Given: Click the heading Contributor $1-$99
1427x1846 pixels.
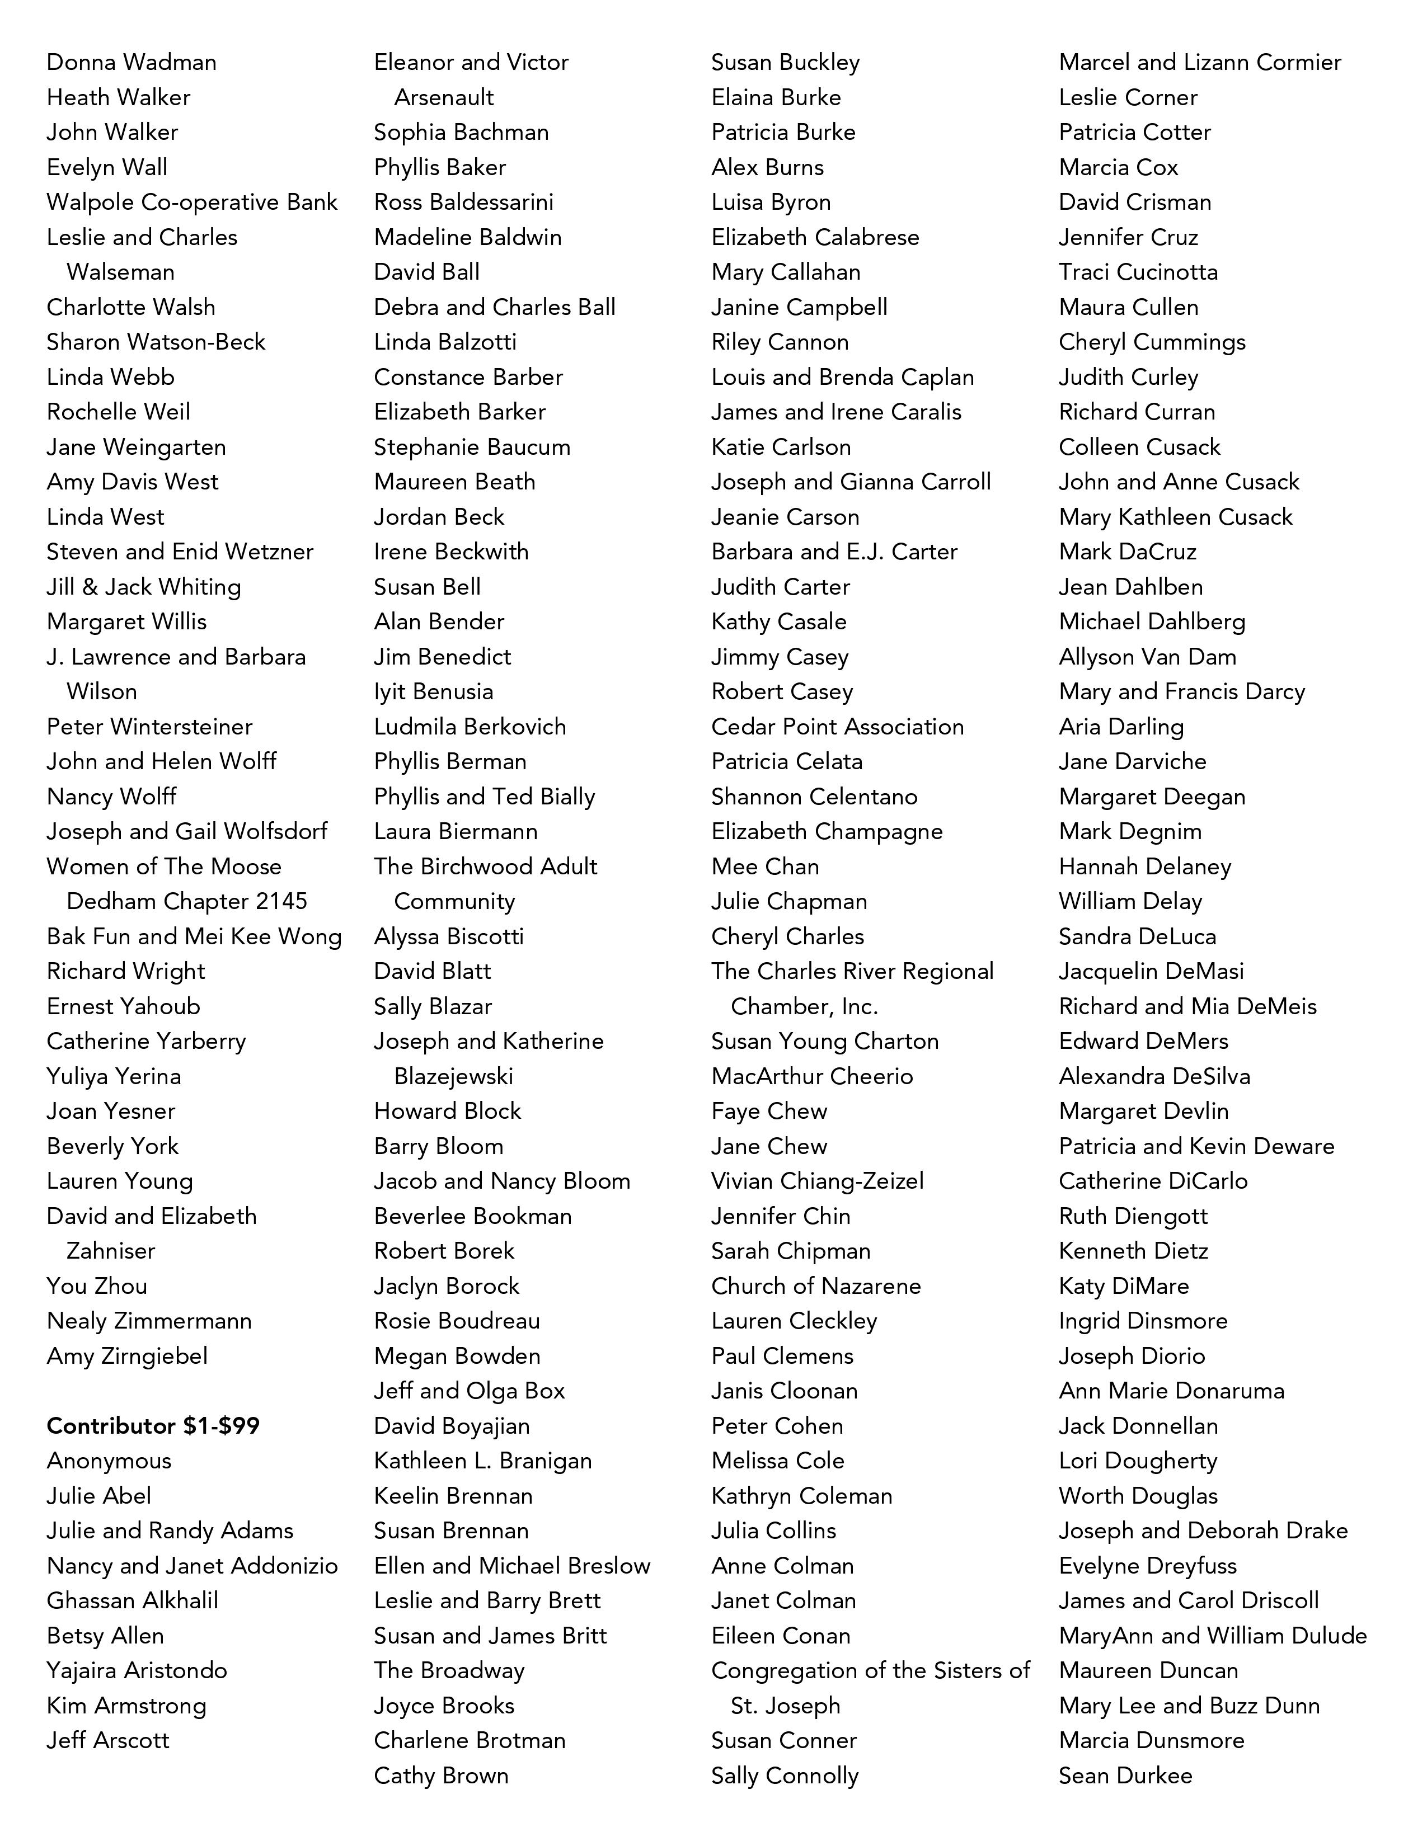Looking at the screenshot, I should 153,1426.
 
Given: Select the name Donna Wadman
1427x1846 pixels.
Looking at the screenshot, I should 131,63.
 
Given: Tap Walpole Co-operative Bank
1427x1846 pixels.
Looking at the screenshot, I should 192,202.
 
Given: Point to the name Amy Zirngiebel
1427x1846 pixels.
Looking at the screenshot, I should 127,1356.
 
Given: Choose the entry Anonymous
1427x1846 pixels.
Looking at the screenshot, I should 109,1461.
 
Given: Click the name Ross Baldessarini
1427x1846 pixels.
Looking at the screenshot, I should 463,202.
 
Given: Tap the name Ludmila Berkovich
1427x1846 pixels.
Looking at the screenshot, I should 470,727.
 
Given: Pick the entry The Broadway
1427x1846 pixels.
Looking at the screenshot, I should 449,1670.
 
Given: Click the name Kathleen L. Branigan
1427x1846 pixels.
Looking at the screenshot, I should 483,1461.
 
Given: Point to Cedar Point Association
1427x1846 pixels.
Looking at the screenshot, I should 837,727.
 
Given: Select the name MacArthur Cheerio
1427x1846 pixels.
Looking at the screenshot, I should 811,1076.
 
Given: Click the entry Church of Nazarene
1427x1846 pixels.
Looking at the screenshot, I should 816,1285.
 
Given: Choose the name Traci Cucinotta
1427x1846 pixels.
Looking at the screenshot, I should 1138,272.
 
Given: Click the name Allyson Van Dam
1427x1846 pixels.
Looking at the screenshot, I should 1147,657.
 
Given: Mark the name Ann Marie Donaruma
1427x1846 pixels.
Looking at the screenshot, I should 1171,1391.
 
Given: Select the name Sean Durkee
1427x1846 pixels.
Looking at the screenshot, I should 1125,1775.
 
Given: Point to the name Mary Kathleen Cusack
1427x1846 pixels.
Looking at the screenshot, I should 1176,516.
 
